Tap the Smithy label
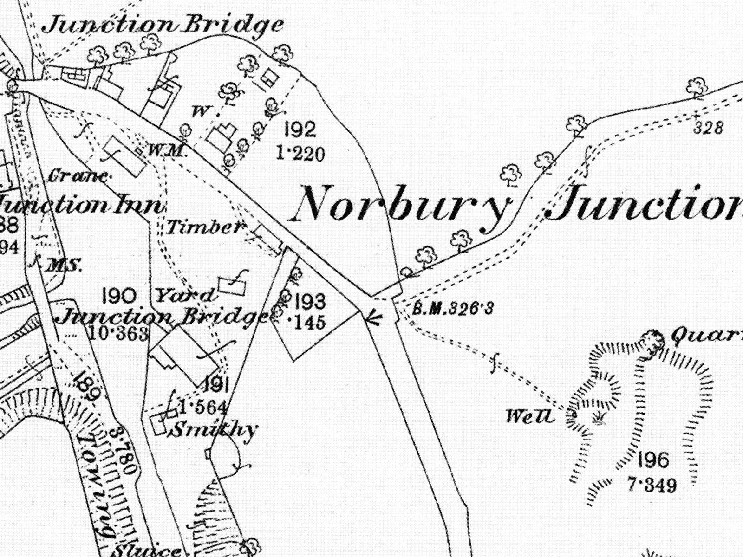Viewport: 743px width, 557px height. [214, 430]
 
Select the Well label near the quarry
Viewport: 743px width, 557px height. [530, 416]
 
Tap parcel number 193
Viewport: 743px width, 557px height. [310, 302]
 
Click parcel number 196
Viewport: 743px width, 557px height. [653, 461]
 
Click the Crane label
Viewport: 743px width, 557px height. [79, 176]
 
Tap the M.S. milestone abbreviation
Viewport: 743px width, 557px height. [65, 266]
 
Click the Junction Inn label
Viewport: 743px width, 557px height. [81, 205]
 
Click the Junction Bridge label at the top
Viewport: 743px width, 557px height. [163, 24]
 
